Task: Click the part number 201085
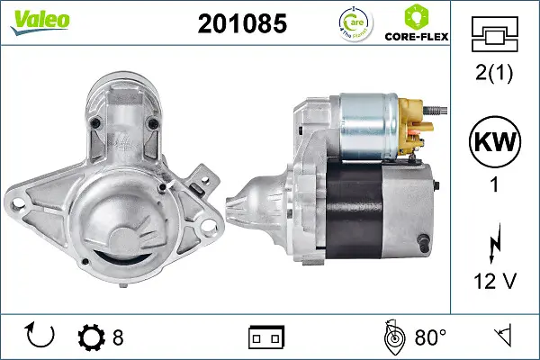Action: click(x=241, y=24)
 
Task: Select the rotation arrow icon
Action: click(x=41, y=337)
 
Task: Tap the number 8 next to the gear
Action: click(x=118, y=338)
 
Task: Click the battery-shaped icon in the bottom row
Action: click(x=265, y=338)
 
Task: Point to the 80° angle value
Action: click(x=430, y=338)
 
